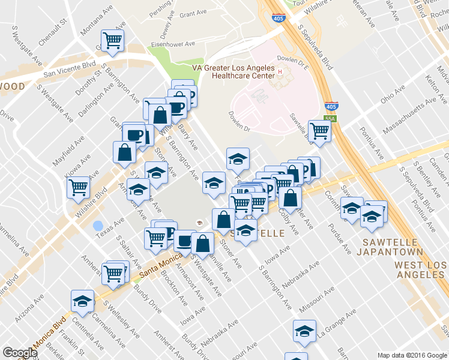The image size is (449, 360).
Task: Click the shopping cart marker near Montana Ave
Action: point(112,41)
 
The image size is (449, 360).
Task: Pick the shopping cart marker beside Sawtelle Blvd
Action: point(319,131)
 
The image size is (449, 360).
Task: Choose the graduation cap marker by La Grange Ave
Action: point(304,331)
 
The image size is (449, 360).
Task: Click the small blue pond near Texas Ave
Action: point(97,226)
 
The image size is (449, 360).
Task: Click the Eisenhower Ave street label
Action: point(173,44)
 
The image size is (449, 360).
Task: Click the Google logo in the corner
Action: point(19,353)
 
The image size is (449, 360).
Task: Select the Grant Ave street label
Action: point(193,13)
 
